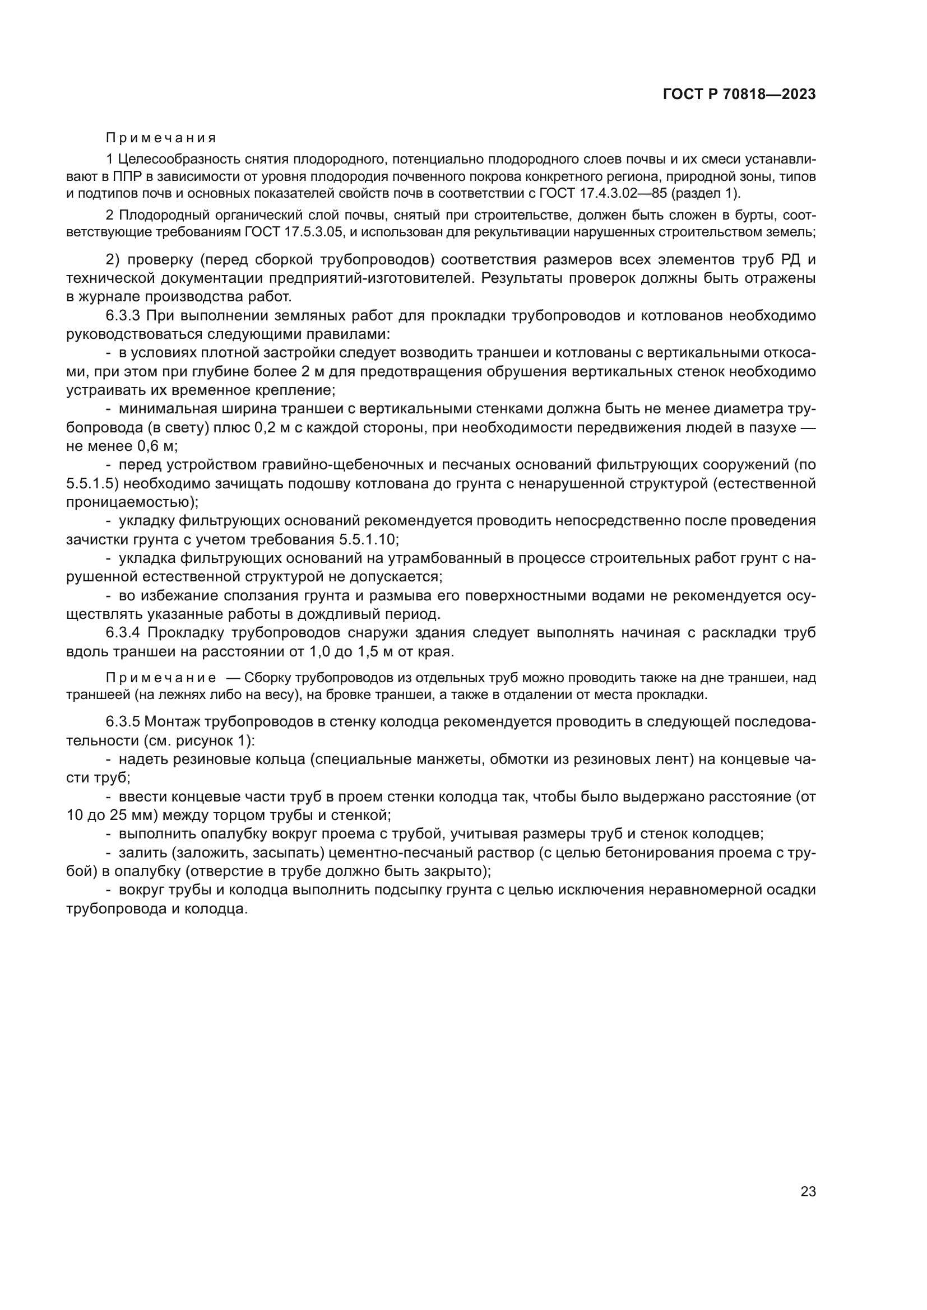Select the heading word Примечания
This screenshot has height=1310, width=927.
(161, 138)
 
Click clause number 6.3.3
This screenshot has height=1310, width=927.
(123, 315)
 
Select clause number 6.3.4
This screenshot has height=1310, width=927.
(123, 633)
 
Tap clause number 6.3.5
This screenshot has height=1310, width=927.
(123, 722)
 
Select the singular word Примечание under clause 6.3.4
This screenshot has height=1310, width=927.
(161, 678)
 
